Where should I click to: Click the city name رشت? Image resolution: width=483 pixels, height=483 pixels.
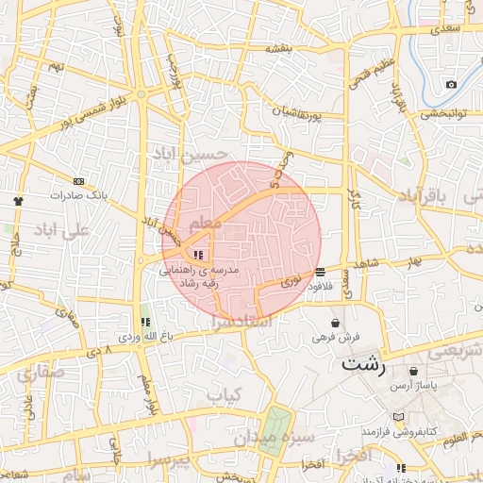pos(364,363)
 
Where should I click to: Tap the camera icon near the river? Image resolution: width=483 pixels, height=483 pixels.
pos(451,85)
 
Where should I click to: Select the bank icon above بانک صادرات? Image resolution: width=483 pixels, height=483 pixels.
pos(78,181)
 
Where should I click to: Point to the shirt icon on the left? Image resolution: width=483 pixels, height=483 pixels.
pos(18,201)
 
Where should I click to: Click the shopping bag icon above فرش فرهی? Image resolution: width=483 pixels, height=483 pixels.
pos(336,324)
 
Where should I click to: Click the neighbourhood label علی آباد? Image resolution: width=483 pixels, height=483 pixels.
pos(62,229)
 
